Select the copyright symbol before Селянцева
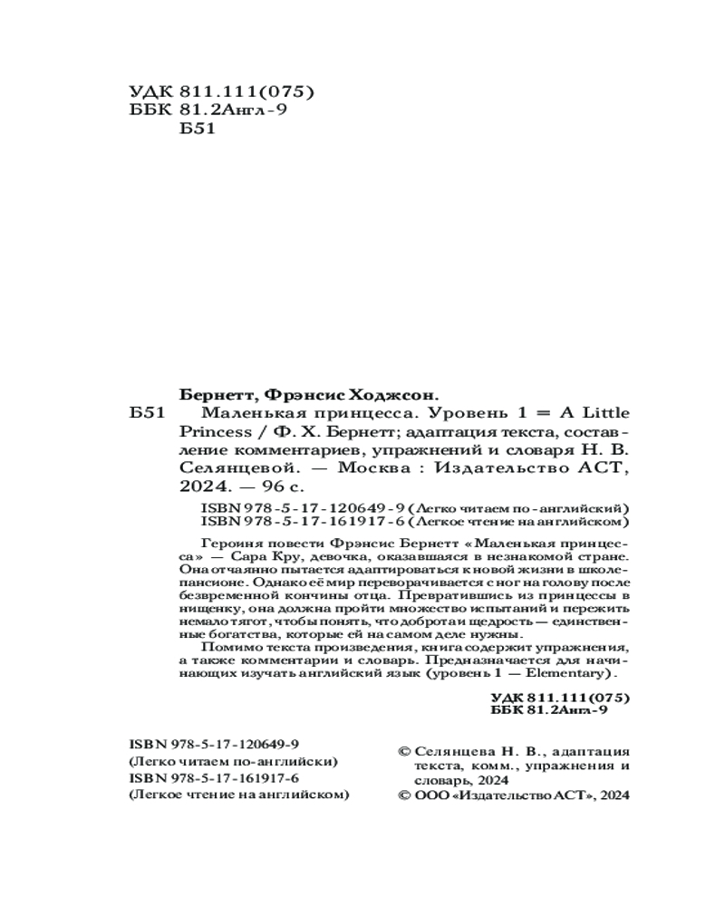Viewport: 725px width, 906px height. tap(404, 751)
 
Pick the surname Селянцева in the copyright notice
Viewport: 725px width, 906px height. tap(453, 751)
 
